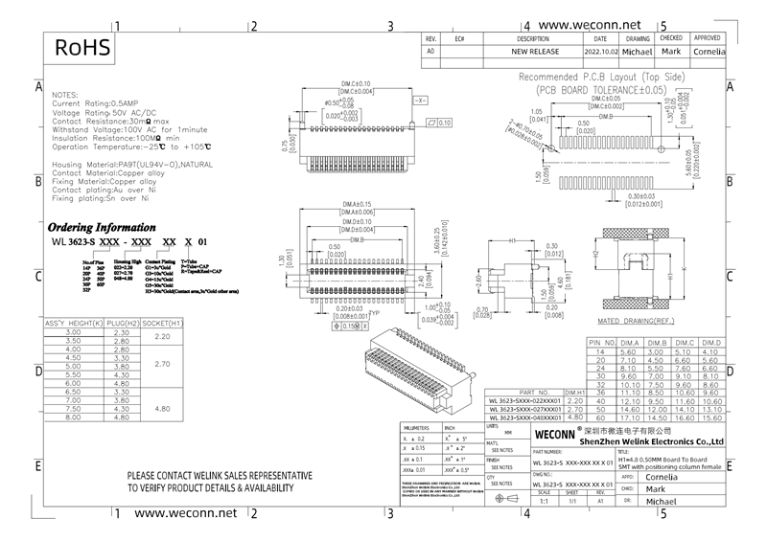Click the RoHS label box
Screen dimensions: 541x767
point(81,48)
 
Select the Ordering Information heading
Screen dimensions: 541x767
point(101,227)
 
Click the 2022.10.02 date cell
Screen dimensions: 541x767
point(601,50)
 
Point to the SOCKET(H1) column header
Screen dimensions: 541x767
point(162,324)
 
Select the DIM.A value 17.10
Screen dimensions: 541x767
point(631,418)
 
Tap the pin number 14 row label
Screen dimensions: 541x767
point(600,351)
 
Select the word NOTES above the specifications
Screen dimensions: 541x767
point(64,97)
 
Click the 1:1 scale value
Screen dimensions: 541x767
point(545,501)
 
